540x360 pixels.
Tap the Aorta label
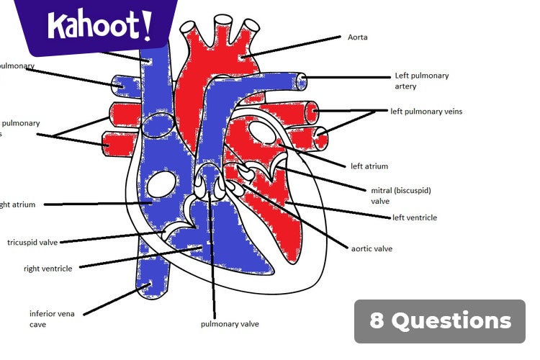tap(358, 37)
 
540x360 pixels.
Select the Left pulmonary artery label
tap(421, 81)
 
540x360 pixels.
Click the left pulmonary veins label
tap(426, 112)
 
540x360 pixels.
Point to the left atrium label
tap(369, 166)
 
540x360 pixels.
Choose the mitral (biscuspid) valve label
tap(400, 196)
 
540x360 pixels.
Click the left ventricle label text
tap(414, 217)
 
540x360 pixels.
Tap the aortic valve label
tap(372, 249)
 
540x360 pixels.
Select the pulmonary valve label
tap(230, 324)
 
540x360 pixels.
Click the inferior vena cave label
tap(52, 319)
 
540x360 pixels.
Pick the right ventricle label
tap(48, 269)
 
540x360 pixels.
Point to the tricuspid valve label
tap(32, 243)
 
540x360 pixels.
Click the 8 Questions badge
tap(440, 321)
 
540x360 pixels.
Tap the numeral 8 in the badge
tap(377, 321)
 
